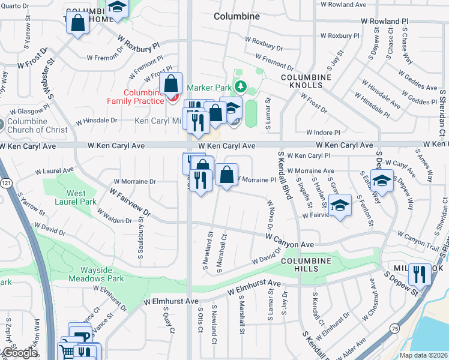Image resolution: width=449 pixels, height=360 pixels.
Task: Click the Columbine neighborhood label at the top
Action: [237, 16]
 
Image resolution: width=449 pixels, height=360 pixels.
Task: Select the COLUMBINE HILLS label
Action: [306, 265]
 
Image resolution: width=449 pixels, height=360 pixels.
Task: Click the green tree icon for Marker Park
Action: [240, 87]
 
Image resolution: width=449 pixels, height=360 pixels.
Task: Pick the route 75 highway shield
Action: [394, 328]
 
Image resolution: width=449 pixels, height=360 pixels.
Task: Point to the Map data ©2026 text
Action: [424, 355]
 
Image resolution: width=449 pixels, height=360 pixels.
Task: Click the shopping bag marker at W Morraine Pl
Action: [226, 175]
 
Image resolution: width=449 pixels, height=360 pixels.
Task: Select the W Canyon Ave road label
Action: [291, 240]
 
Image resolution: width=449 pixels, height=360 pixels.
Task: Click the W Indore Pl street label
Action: [323, 133]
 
